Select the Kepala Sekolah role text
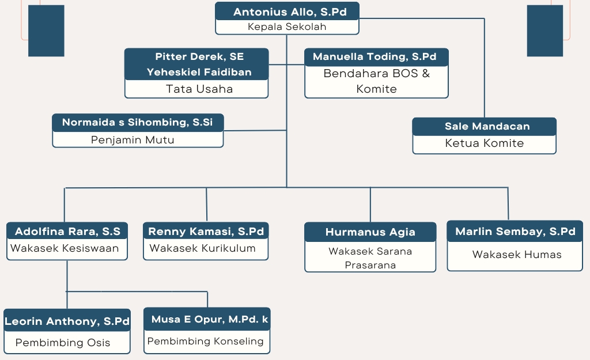(x=287, y=26)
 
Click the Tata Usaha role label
(x=199, y=89)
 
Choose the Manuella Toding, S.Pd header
(x=375, y=56)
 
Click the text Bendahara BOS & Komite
(x=377, y=81)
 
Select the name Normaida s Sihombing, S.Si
(x=138, y=122)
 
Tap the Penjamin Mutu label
(x=133, y=139)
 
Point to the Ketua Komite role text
(x=485, y=143)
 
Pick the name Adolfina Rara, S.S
(x=68, y=232)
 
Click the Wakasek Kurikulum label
(x=202, y=248)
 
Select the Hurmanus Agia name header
(x=370, y=232)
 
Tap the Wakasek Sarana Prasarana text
(x=370, y=258)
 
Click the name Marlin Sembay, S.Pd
(x=515, y=232)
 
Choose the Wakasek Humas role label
(x=517, y=254)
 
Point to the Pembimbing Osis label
(x=63, y=342)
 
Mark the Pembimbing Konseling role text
(x=206, y=341)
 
